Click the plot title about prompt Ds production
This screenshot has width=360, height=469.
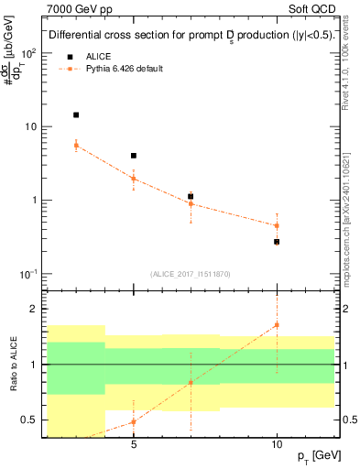[x=189, y=36]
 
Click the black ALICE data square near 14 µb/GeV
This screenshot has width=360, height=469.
[x=76, y=115]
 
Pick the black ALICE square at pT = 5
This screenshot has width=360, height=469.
[x=134, y=156]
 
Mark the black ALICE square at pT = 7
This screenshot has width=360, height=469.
[x=191, y=196]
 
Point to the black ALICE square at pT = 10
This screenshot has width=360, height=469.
[x=277, y=242]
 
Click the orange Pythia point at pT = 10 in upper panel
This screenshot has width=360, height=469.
[x=277, y=225]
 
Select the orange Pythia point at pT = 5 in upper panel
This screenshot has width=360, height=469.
[x=134, y=179]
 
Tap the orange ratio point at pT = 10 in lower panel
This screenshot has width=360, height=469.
[x=277, y=325]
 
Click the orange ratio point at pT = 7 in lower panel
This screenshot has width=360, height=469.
[x=191, y=383]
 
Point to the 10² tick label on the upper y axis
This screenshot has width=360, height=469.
[x=27, y=52]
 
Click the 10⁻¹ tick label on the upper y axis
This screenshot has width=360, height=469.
[x=27, y=274]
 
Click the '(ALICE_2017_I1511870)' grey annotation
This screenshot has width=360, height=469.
[x=189, y=273]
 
